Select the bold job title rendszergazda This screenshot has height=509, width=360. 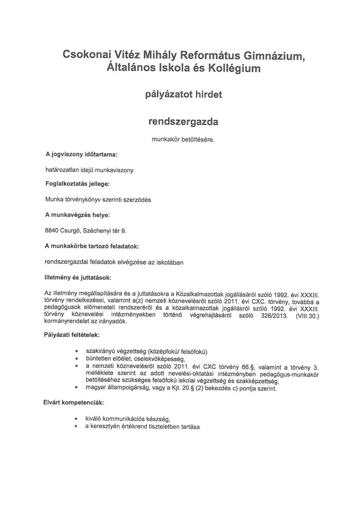pos(183,121)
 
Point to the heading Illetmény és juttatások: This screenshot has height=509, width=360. pos(81,277)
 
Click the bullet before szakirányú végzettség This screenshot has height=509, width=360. pos(76,352)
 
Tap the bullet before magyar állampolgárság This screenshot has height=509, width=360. pos(76,388)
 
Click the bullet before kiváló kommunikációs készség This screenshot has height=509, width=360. pos(76,419)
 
